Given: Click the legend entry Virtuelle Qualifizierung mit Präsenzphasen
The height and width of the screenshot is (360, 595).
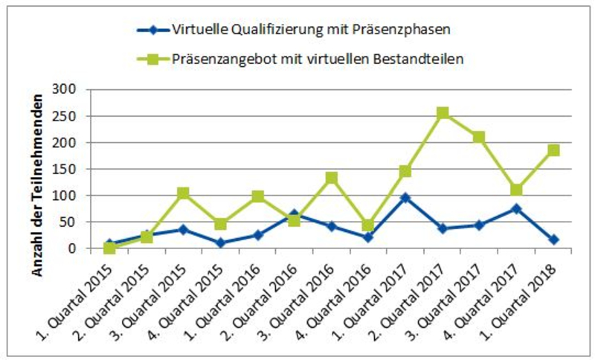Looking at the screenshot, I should pyautogui.click(x=297, y=30).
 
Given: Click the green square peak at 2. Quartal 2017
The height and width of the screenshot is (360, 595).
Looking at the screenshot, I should pyautogui.click(x=443, y=113).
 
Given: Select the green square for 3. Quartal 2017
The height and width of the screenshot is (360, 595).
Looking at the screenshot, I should pyautogui.click(x=480, y=137).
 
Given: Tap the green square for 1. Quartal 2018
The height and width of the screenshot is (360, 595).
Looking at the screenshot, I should pyautogui.click(x=553, y=150).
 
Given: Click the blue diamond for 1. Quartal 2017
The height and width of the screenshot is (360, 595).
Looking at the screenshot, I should pyautogui.click(x=406, y=198).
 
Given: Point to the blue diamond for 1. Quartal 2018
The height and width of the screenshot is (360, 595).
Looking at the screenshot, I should pyautogui.click(x=553, y=240).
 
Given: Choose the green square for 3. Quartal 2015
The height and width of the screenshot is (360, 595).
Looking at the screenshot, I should pyautogui.click(x=183, y=193).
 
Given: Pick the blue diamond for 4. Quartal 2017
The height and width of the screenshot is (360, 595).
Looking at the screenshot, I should pyautogui.click(x=516, y=209).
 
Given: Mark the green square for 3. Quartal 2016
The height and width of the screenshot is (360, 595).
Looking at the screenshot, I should pyautogui.click(x=332, y=178).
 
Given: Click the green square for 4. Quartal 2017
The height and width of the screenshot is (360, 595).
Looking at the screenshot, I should pyautogui.click(x=516, y=190).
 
